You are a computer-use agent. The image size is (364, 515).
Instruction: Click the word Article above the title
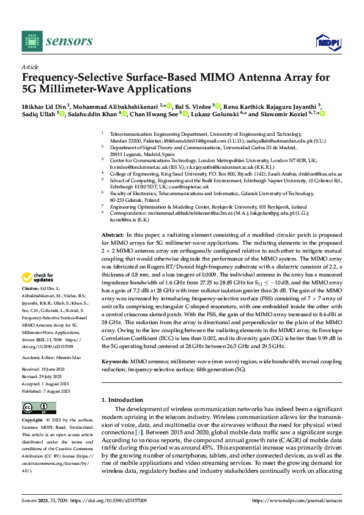coord(29,66)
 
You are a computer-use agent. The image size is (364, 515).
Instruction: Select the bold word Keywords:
coord(116,362)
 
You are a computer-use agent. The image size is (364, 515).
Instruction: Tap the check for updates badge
coord(36,277)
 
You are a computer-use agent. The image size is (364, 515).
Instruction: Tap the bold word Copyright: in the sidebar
coord(33,421)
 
